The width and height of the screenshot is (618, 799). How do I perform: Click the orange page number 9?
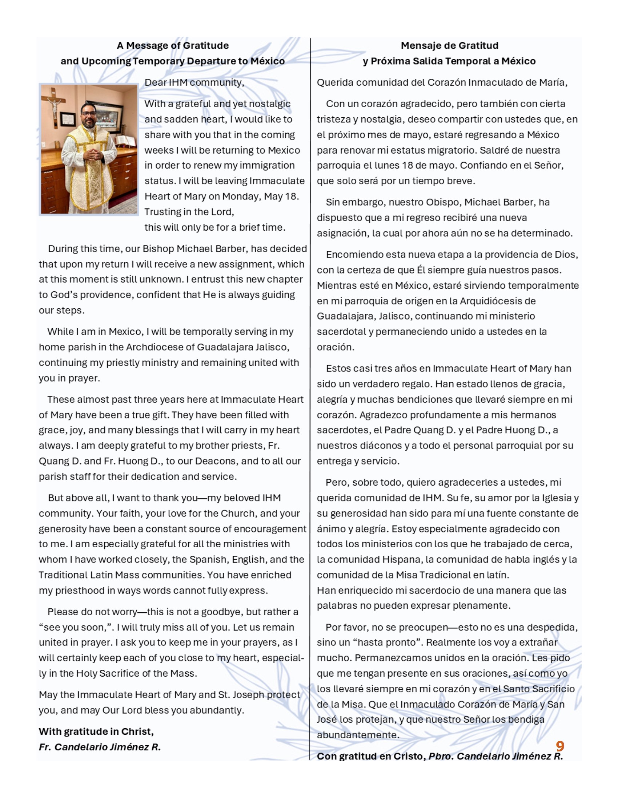(560, 746)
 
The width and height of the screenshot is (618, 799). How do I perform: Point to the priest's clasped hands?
(93, 154)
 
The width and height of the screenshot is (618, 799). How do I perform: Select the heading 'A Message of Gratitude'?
(173, 46)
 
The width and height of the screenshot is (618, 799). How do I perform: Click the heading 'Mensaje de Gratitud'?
(449, 46)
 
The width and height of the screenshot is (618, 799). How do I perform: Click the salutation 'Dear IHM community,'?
(194, 82)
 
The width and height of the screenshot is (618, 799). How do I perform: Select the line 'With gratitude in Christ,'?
(96, 731)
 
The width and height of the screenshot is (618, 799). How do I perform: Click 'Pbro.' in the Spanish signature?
(441, 756)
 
